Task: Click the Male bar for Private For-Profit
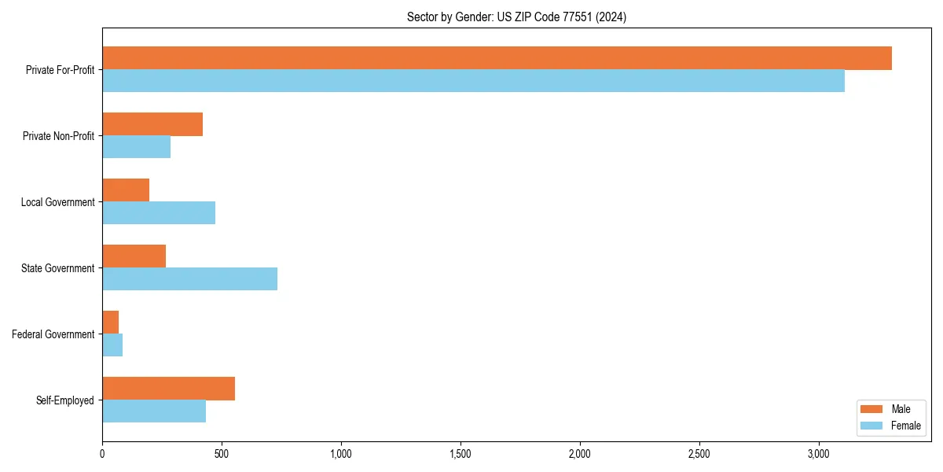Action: (x=497, y=58)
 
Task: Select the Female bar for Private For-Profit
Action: (x=473, y=81)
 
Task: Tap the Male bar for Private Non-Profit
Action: (x=152, y=124)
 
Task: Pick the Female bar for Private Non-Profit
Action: (x=136, y=147)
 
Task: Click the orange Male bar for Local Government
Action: (x=126, y=190)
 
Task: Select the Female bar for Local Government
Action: (x=159, y=213)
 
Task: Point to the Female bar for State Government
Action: (x=189, y=279)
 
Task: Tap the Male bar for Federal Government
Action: (x=111, y=323)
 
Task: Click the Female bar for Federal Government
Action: (x=112, y=345)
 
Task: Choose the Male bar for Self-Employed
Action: (x=168, y=389)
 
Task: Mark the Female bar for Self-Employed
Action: (x=154, y=411)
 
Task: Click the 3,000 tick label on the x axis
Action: (x=819, y=454)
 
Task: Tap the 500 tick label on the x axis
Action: (x=222, y=454)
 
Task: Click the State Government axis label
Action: (x=57, y=268)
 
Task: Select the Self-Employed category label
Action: (x=64, y=400)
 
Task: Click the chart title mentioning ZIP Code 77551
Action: (x=516, y=17)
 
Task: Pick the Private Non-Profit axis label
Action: (x=58, y=136)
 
